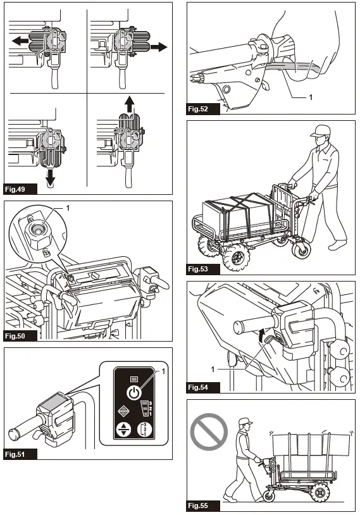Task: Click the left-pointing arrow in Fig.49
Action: point(20,41)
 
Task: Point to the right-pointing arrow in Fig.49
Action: point(159,47)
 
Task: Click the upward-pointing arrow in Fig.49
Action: point(130,104)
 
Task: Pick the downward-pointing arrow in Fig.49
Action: point(50,177)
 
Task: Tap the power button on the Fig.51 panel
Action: point(134,393)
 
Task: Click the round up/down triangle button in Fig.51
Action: point(123,430)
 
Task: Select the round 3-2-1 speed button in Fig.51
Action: point(145,430)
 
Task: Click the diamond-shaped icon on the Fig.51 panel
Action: point(123,411)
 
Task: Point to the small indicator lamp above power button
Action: point(134,380)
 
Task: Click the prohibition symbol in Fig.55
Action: point(209,432)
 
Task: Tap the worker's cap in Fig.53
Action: point(321,130)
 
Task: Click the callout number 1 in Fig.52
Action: point(311,97)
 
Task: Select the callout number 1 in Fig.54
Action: point(213,369)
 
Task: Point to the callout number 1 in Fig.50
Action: point(68,208)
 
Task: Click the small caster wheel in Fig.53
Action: point(301,249)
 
